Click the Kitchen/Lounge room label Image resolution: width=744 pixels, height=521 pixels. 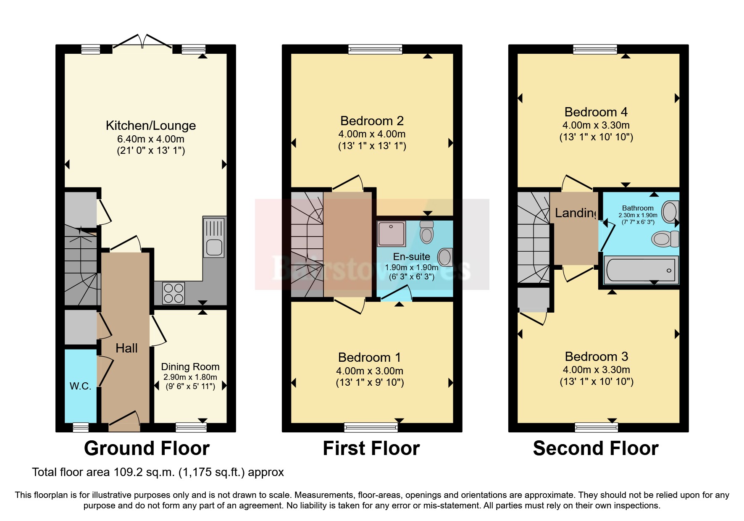(x=151, y=126)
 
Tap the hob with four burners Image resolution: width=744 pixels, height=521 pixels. (x=174, y=293)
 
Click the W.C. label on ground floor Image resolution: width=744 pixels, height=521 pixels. (x=80, y=386)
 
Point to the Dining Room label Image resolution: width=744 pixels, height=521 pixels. (x=190, y=367)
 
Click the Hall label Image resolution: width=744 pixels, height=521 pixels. (x=126, y=348)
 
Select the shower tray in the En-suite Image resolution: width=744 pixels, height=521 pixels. (x=391, y=234)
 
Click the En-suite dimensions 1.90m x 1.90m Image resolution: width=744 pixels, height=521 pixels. (x=411, y=268)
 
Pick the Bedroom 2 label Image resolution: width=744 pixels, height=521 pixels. (x=372, y=121)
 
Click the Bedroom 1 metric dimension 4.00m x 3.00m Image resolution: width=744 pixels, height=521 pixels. (x=369, y=371)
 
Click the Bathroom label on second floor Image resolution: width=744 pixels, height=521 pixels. (x=637, y=208)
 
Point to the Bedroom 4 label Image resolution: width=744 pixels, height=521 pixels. (x=596, y=112)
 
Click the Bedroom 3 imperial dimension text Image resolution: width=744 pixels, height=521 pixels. (x=596, y=382)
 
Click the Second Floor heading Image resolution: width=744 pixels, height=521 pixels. (x=595, y=448)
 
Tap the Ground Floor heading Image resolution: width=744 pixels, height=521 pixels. (x=147, y=448)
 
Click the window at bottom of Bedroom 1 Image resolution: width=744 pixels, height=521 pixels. (x=371, y=428)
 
